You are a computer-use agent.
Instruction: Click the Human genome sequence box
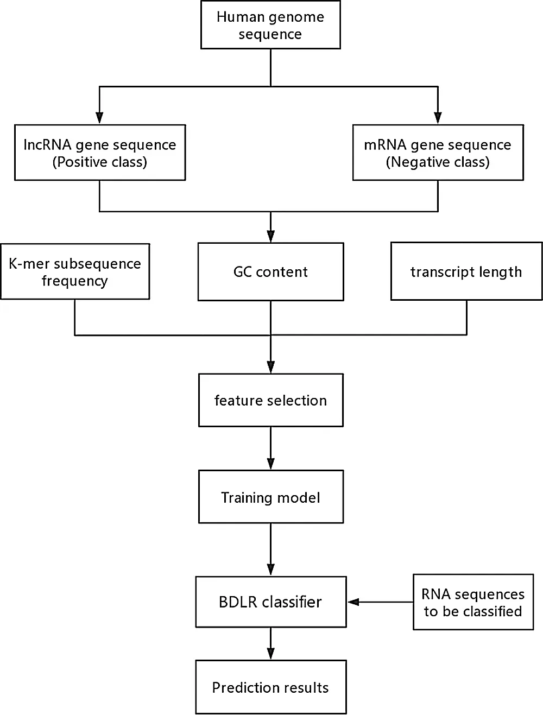click(270, 25)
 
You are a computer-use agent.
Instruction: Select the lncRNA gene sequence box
click(100, 153)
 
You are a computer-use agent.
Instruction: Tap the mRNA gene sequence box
click(438, 153)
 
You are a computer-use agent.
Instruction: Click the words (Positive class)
click(100, 162)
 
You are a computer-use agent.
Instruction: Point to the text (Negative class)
click(438, 162)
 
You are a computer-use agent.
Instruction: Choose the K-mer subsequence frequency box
click(75, 271)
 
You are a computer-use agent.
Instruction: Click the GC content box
click(270, 271)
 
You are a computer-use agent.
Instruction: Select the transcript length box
click(466, 271)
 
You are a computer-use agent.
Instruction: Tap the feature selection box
click(270, 400)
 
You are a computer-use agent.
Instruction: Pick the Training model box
click(270, 497)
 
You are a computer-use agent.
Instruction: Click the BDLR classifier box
click(270, 602)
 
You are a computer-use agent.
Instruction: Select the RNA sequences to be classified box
click(473, 602)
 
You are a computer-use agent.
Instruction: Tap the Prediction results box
click(270, 687)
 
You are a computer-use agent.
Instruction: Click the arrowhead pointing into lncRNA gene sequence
click(99, 118)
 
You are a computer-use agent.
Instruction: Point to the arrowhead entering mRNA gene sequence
click(438, 118)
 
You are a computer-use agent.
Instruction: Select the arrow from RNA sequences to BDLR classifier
click(380, 602)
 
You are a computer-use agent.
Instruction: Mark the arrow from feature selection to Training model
click(270, 448)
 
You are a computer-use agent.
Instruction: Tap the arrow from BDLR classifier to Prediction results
click(270, 644)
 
